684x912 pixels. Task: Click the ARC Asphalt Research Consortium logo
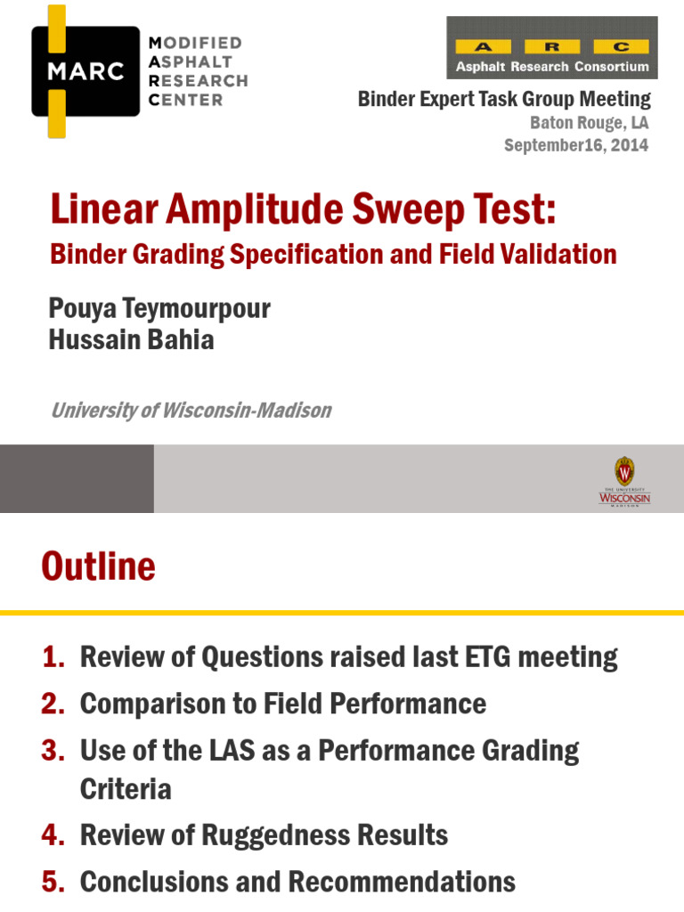tap(552, 47)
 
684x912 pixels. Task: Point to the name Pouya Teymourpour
tap(159, 309)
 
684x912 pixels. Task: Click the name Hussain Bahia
tap(132, 340)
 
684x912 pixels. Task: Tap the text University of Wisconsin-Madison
tap(191, 411)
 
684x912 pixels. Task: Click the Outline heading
tap(98, 567)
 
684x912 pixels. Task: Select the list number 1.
tap(53, 658)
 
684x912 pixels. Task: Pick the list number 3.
tap(53, 751)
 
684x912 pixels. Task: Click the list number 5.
tap(53, 882)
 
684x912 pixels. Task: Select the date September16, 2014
tap(576, 145)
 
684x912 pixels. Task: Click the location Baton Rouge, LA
tap(590, 123)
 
